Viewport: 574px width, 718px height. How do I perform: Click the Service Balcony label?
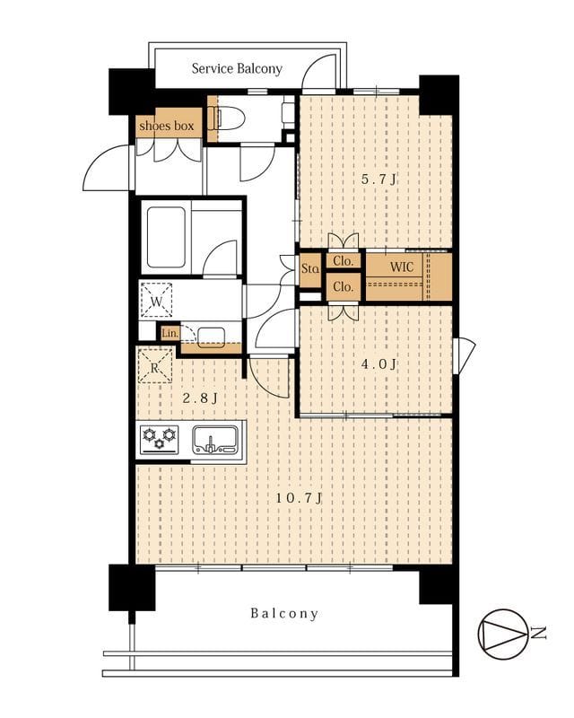click(237, 69)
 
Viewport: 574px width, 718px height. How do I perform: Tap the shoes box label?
click(167, 126)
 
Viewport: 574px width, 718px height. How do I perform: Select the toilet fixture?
click(226, 118)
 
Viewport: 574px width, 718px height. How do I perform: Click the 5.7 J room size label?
click(378, 179)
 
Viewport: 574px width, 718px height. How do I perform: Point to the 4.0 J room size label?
click(378, 364)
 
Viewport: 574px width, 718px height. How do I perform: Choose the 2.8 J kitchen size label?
click(200, 398)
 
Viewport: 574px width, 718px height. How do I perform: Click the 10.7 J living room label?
click(300, 498)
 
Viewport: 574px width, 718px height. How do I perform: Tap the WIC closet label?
click(402, 267)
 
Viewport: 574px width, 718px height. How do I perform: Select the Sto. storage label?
click(310, 268)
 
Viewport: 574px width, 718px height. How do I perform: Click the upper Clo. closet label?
click(344, 261)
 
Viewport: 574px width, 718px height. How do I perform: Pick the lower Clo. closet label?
click(344, 287)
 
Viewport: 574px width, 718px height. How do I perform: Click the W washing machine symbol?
click(157, 300)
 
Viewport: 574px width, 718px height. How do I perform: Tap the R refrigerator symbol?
click(155, 365)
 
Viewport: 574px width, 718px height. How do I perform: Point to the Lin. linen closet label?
click(170, 333)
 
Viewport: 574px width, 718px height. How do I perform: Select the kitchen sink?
click(214, 440)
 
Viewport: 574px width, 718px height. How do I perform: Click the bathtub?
click(166, 237)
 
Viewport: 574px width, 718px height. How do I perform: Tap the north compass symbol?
click(502, 635)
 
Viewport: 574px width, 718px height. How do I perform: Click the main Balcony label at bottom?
click(284, 614)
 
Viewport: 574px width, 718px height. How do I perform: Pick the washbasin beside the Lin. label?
click(211, 337)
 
